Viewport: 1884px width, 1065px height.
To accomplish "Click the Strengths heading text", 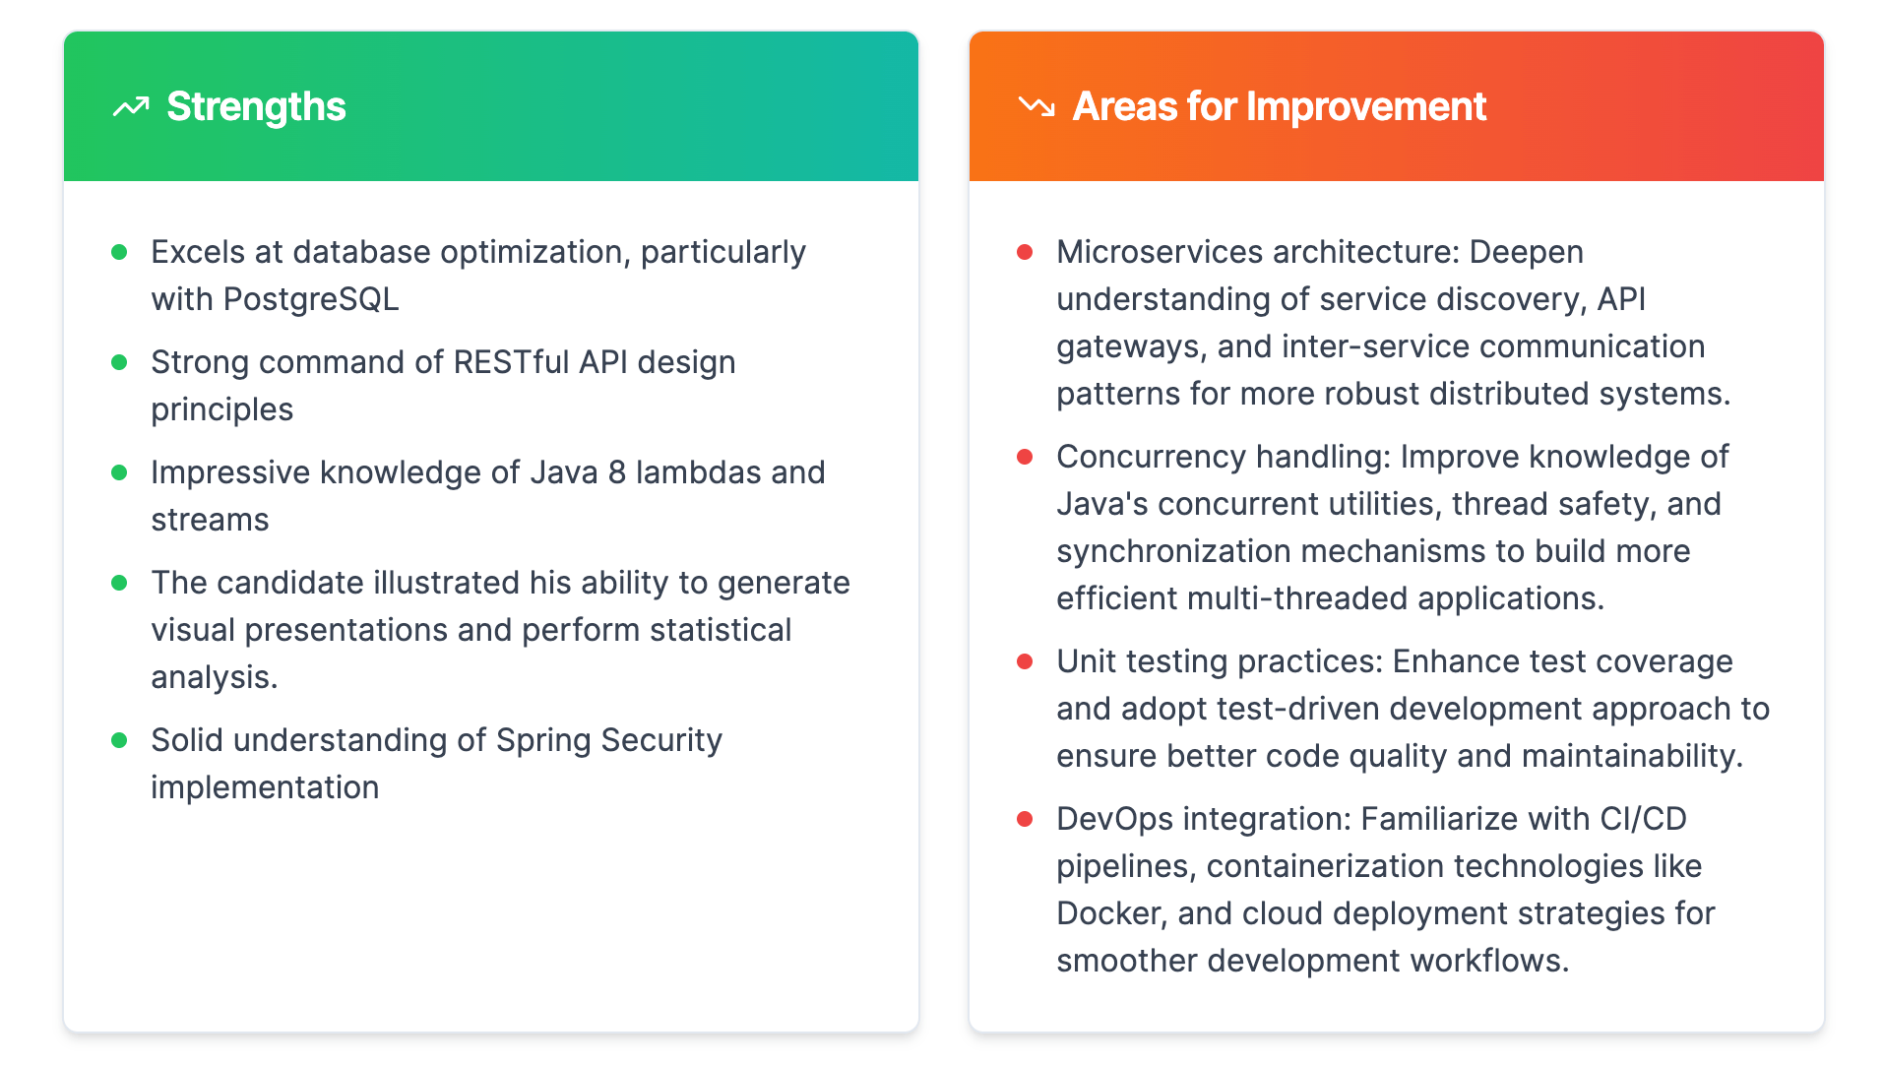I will (x=256, y=106).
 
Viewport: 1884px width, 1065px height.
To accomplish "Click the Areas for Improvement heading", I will (x=1279, y=106).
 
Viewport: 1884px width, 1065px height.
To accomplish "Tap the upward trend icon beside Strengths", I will (x=131, y=106).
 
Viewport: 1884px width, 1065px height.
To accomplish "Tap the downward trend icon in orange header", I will (x=1036, y=106).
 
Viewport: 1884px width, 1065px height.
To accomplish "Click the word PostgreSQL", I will (x=311, y=299).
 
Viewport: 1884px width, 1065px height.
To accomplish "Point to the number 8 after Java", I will (x=617, y=472).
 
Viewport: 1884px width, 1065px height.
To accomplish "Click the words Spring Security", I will (x=608, y=740).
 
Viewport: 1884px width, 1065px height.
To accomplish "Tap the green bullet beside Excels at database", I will (x=119, y=252).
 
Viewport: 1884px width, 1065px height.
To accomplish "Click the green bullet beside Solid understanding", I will (x=119, y=740).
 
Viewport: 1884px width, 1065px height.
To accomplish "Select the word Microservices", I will (x=1159, y=252).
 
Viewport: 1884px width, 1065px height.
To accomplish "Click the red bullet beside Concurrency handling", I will (x=1025, y=457).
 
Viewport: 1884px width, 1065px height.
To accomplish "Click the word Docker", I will (x=1110, y=913).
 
